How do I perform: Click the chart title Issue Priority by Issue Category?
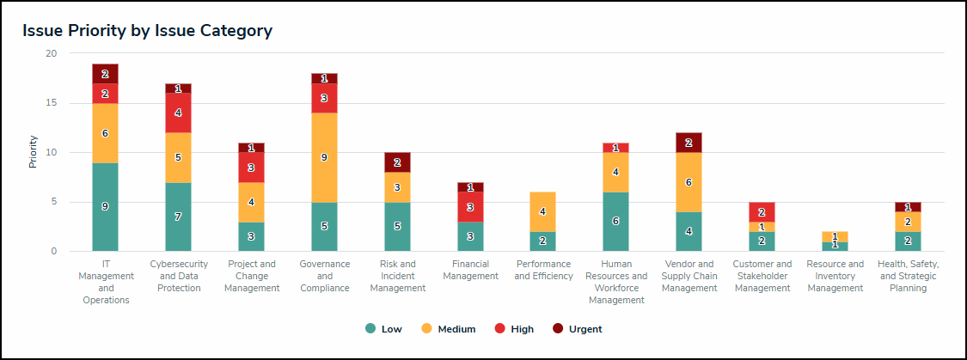147,31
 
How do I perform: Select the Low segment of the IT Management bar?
105,207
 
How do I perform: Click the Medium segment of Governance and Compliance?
324,157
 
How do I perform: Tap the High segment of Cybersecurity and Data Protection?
178,113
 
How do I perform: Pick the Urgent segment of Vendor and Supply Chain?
689,143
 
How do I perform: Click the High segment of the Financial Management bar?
470,207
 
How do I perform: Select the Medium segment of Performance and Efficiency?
543,211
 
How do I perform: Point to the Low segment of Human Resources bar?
616,222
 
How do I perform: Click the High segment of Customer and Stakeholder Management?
762,212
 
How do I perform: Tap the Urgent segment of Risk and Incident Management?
397,162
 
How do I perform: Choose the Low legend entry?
382,329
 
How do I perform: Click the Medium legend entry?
448,329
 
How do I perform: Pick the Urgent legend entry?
577,329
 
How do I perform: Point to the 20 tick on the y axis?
51,53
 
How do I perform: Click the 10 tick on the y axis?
51,153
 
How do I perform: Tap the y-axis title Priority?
33,152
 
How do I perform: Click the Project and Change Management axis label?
251,276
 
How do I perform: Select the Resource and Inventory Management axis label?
835,276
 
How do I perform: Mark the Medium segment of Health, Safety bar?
909,222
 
